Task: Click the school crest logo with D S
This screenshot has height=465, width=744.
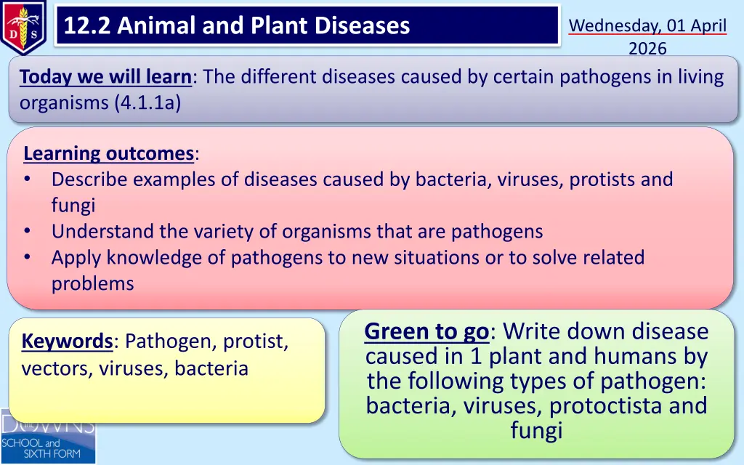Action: (23, 27)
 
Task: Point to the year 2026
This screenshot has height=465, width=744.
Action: (647, 49)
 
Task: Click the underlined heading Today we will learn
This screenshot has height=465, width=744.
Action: (105, 76)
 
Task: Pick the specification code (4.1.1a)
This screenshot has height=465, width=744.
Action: (147, 102)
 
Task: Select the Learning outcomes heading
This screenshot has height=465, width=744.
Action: (109, 153)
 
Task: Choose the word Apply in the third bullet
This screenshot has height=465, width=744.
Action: (76, 258)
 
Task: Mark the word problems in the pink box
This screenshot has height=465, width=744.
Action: (92, 284)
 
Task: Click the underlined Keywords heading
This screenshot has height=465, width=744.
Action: (67, 341)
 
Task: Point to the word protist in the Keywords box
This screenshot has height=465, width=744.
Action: (255, 341)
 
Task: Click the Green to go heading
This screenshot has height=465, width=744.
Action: (426, 331)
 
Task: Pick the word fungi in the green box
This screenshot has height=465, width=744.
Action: (537, 431)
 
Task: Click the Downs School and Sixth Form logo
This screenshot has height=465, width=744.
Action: (47, 437)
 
